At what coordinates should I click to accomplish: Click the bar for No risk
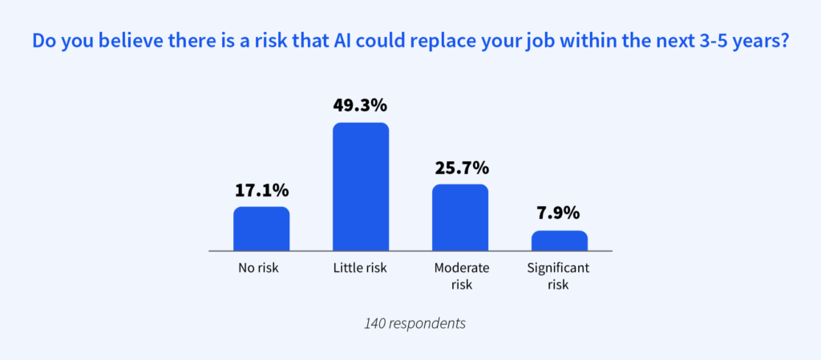click(261, 229)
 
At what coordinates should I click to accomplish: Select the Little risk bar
click(361, 187)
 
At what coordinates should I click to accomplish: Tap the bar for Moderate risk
click(460, 217)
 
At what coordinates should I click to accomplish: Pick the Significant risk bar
click(560, 241)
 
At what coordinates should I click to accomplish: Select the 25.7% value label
click(460, 168)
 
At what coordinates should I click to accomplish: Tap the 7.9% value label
click(560, 215)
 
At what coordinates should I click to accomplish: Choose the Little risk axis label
click(361, 268)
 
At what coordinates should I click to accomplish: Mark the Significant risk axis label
click(560, 275)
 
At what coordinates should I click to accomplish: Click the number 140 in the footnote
click(375, 325)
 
